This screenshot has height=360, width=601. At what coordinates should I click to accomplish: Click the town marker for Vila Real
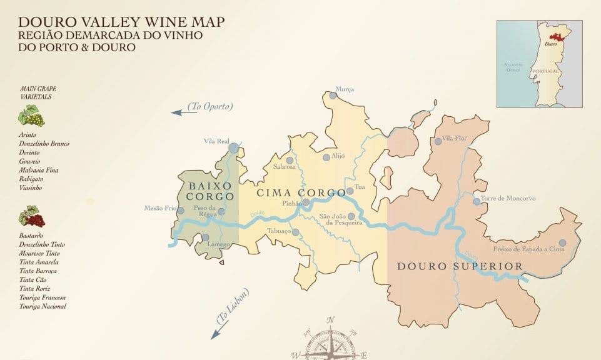[x=233, y=148]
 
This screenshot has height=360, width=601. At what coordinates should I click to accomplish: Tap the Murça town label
[x=345, y=89]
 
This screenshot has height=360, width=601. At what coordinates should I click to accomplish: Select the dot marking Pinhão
[x=306, y=203]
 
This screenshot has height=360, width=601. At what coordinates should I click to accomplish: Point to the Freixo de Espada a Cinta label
[x=529, y=249]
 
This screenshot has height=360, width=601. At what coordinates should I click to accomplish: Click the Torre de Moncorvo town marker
[x=477, y=201]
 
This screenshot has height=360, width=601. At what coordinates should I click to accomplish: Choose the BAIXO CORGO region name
[x=210, y=191]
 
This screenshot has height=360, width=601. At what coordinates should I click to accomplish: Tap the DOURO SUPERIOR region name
[x=460, y=267]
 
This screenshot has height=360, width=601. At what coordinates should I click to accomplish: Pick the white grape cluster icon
[x=29, y=116]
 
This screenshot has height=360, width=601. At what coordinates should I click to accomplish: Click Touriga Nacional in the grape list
[x=43, y=306]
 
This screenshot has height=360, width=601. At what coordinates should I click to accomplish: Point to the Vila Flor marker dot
[x=438, y=142]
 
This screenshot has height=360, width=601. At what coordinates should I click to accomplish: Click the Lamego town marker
[x=205, y=237]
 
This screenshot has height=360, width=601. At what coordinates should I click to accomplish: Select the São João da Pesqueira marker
[x=351, y=216]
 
